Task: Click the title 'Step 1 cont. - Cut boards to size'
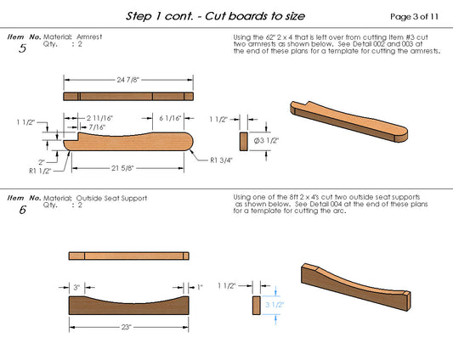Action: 215,16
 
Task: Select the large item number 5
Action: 21,49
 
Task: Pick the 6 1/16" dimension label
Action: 169,119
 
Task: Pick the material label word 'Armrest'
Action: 89,38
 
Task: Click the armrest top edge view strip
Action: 129,96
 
